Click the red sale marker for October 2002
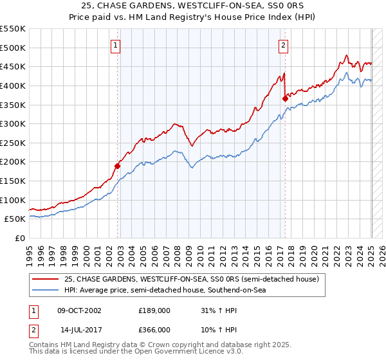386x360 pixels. tap(117, 166)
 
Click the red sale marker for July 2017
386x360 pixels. tap(285, 98)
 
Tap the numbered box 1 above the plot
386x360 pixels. tap(115, 45)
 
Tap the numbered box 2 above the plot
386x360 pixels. tap(283, 45)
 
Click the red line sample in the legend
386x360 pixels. tap(46, 279)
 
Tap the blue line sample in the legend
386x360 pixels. tap(46, 291)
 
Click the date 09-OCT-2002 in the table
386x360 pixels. tap(78, 310)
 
